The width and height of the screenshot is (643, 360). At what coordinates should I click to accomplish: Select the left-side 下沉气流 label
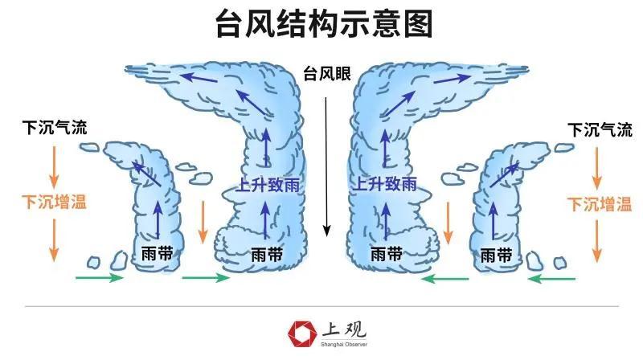55,128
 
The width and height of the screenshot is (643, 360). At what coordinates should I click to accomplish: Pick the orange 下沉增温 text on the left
55,201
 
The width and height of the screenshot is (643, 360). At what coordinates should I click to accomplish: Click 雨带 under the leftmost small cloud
156,255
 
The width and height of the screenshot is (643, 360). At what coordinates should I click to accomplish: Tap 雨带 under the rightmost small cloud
496,256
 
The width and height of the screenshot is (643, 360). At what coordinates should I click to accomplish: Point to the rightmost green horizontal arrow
552,278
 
